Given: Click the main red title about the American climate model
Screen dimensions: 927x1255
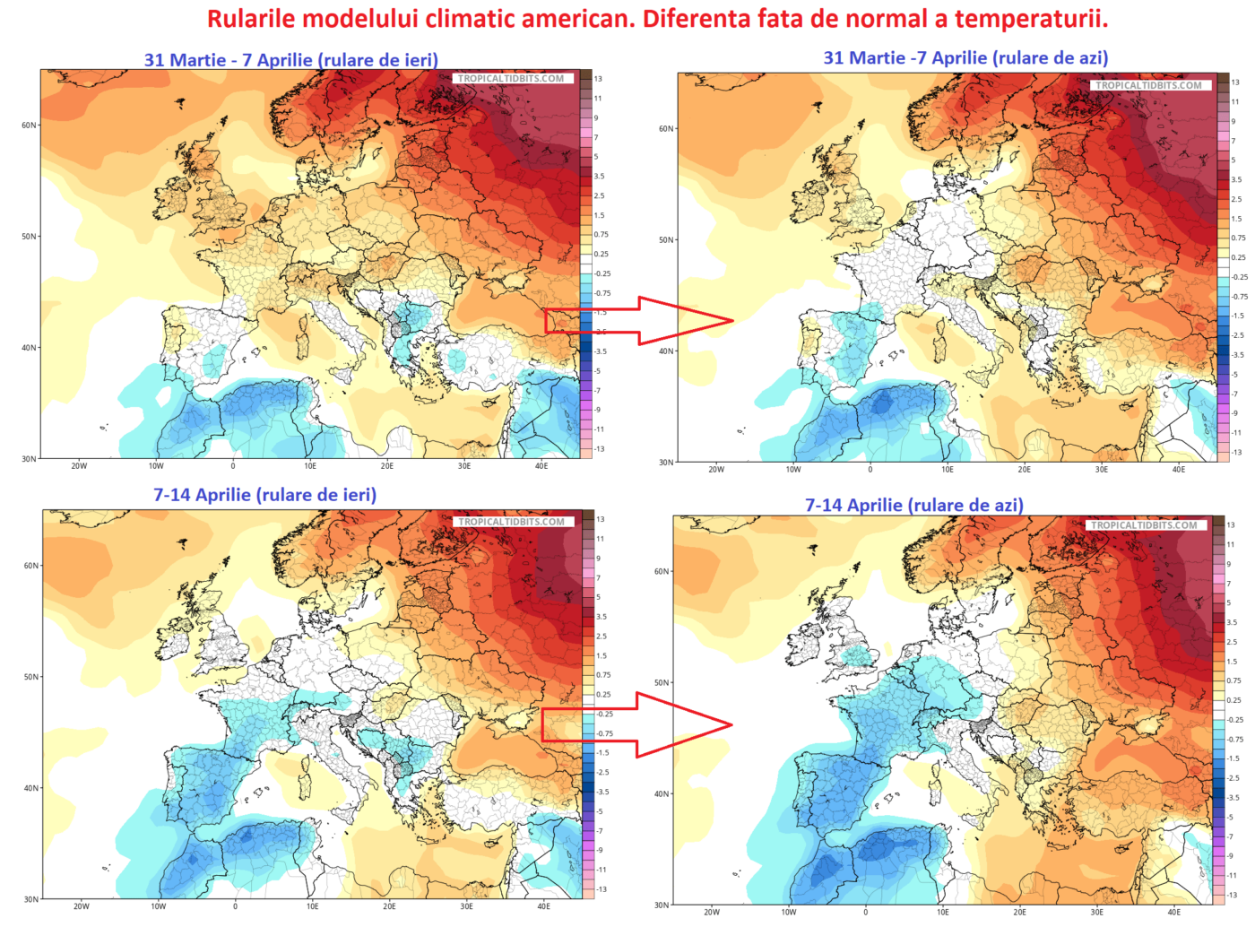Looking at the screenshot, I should (657, 19).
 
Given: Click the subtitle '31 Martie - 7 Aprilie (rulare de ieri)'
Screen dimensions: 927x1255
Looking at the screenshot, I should (291, 60).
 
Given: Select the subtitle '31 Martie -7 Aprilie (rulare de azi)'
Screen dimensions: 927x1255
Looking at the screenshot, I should (965, 58).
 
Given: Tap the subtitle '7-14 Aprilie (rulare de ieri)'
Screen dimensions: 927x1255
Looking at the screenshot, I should (264, 495).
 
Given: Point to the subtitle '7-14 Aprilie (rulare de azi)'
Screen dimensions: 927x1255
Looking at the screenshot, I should (913, 505).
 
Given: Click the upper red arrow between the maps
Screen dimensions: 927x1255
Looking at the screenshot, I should (638, 321).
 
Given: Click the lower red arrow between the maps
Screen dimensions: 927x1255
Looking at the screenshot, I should (636, 724).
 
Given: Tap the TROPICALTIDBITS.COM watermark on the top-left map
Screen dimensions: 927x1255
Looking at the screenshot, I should (511, 79).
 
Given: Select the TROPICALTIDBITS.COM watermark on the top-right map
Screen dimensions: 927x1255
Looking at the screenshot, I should (1148, 86).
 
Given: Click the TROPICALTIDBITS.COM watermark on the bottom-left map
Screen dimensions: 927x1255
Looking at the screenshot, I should (511, 522).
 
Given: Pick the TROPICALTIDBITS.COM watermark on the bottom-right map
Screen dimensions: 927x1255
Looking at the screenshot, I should (1144, 525).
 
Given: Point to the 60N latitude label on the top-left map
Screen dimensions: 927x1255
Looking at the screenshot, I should (29, 126).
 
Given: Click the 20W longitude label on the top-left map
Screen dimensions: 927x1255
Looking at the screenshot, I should (79, 466).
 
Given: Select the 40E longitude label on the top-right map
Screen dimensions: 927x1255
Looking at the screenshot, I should (1178, 470).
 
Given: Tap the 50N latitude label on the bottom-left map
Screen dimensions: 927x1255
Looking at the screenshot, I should (30, 678).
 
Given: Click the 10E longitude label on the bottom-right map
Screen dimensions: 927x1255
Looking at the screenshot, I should (942, 913).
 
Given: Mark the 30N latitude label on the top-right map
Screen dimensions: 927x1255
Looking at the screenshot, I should (665, 463).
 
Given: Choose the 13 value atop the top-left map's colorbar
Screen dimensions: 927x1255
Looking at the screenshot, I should (598, 80).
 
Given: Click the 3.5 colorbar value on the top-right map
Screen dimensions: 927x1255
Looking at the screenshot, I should (1236, 180).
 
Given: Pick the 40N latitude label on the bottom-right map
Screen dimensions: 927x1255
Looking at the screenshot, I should (662, 794).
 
